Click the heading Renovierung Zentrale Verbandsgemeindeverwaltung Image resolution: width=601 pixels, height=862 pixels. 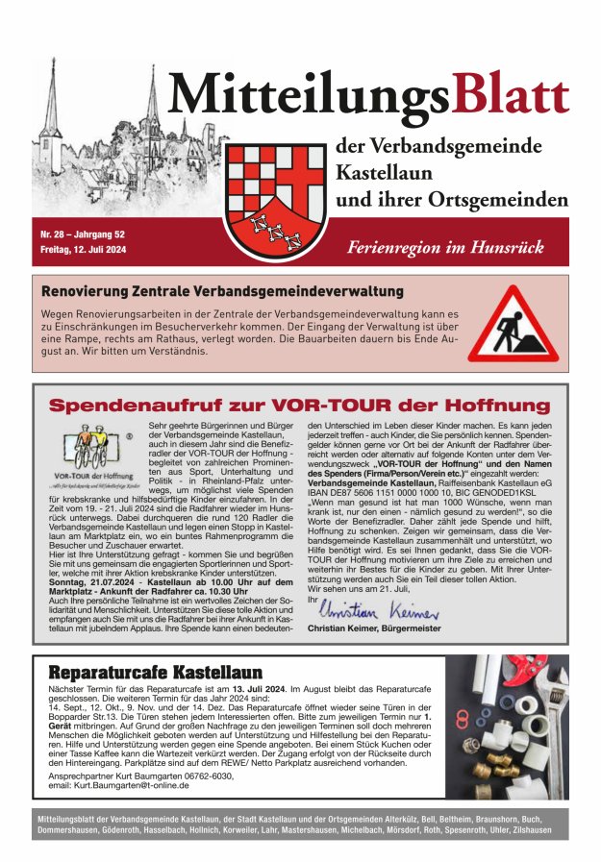pos(222,290)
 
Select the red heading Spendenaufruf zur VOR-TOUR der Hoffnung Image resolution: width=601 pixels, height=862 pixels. pos(299,405)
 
